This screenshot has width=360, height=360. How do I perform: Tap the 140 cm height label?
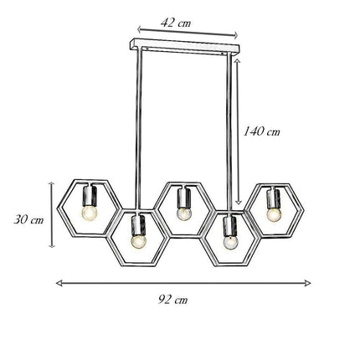tap(261, 131)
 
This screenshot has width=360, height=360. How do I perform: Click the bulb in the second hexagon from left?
tap(137, 240)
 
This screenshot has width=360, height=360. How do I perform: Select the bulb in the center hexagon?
tap(183, 212)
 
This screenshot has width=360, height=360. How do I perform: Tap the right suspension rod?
tap(230, 126)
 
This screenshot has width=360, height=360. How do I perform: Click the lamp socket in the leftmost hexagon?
tap(89, 197)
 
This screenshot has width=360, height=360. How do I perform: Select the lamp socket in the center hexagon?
tap(183, 198)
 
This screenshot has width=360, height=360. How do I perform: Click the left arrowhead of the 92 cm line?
tap(59, 282)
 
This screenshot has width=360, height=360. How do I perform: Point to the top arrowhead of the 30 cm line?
tap(53, 182)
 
